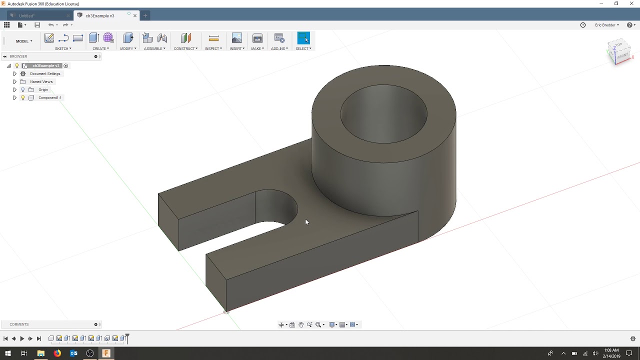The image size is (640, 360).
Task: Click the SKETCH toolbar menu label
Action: [x=62, y=48]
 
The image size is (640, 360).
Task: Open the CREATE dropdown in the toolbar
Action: [x=100, y=48]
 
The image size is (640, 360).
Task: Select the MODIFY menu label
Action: [x=127, y=48]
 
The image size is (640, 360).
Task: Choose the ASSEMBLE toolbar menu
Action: [x=154, y=48]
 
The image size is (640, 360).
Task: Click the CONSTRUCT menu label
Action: [x=185, y=48]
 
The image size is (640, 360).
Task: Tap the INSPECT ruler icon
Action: [x=213, y=38]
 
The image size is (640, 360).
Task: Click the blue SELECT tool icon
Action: [x=303, y=38]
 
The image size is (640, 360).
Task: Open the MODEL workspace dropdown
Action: [x=24, y=41]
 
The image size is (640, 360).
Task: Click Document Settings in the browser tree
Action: [x=45, y=73]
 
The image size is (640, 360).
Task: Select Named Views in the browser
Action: [x=41, y=81]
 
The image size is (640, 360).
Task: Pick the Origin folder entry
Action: [x=43, y=89]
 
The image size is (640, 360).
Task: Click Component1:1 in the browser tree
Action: [x=50, y=97]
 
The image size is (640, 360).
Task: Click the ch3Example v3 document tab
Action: [x=100, y=15]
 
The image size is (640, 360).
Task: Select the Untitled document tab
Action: [x=27, y=16]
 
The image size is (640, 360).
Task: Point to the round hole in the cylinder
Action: [x=383, y=114]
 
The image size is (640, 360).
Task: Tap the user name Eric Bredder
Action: [x=605, y=25]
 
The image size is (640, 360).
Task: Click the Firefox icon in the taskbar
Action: [x=57, y=353]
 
